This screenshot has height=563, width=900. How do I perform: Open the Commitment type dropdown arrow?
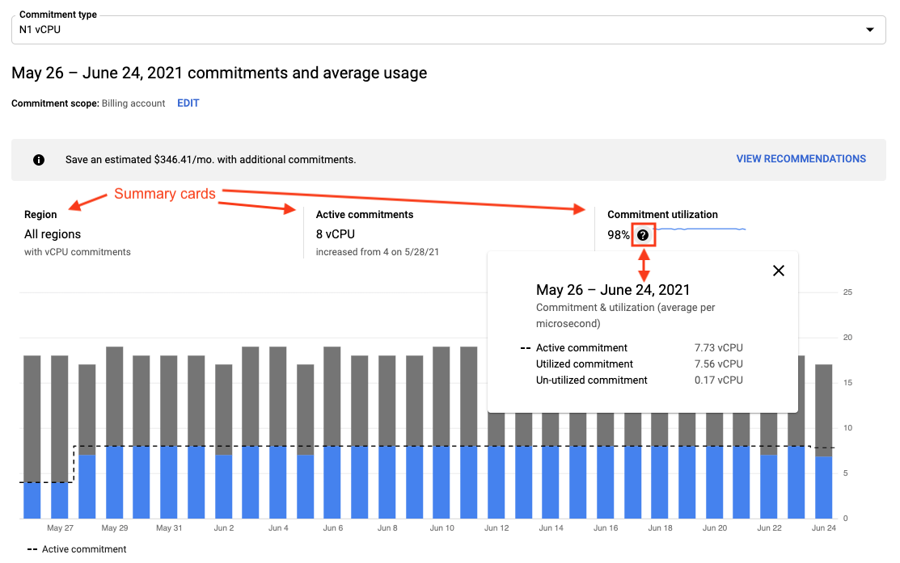870,30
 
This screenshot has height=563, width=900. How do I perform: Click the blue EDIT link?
188,103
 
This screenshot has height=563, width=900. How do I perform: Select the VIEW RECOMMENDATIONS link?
801,159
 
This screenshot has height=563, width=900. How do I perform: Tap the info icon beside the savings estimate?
39,160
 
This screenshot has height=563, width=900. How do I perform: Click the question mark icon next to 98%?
643,235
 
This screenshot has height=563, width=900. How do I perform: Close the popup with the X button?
779,271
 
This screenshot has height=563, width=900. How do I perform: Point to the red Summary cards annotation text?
165,194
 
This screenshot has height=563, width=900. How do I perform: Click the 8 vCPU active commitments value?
335,234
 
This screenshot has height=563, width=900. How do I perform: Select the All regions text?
53,234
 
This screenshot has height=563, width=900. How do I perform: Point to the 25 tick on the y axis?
847,292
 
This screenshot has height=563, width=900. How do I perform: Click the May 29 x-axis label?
115,528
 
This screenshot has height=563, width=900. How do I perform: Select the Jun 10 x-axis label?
442,528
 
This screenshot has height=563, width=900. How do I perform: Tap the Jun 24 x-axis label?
823,528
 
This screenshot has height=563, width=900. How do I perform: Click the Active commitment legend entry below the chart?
77,549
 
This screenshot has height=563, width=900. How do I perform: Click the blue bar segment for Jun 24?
823,489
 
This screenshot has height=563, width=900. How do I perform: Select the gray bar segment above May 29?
115,396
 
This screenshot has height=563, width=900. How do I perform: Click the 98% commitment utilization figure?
619,235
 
